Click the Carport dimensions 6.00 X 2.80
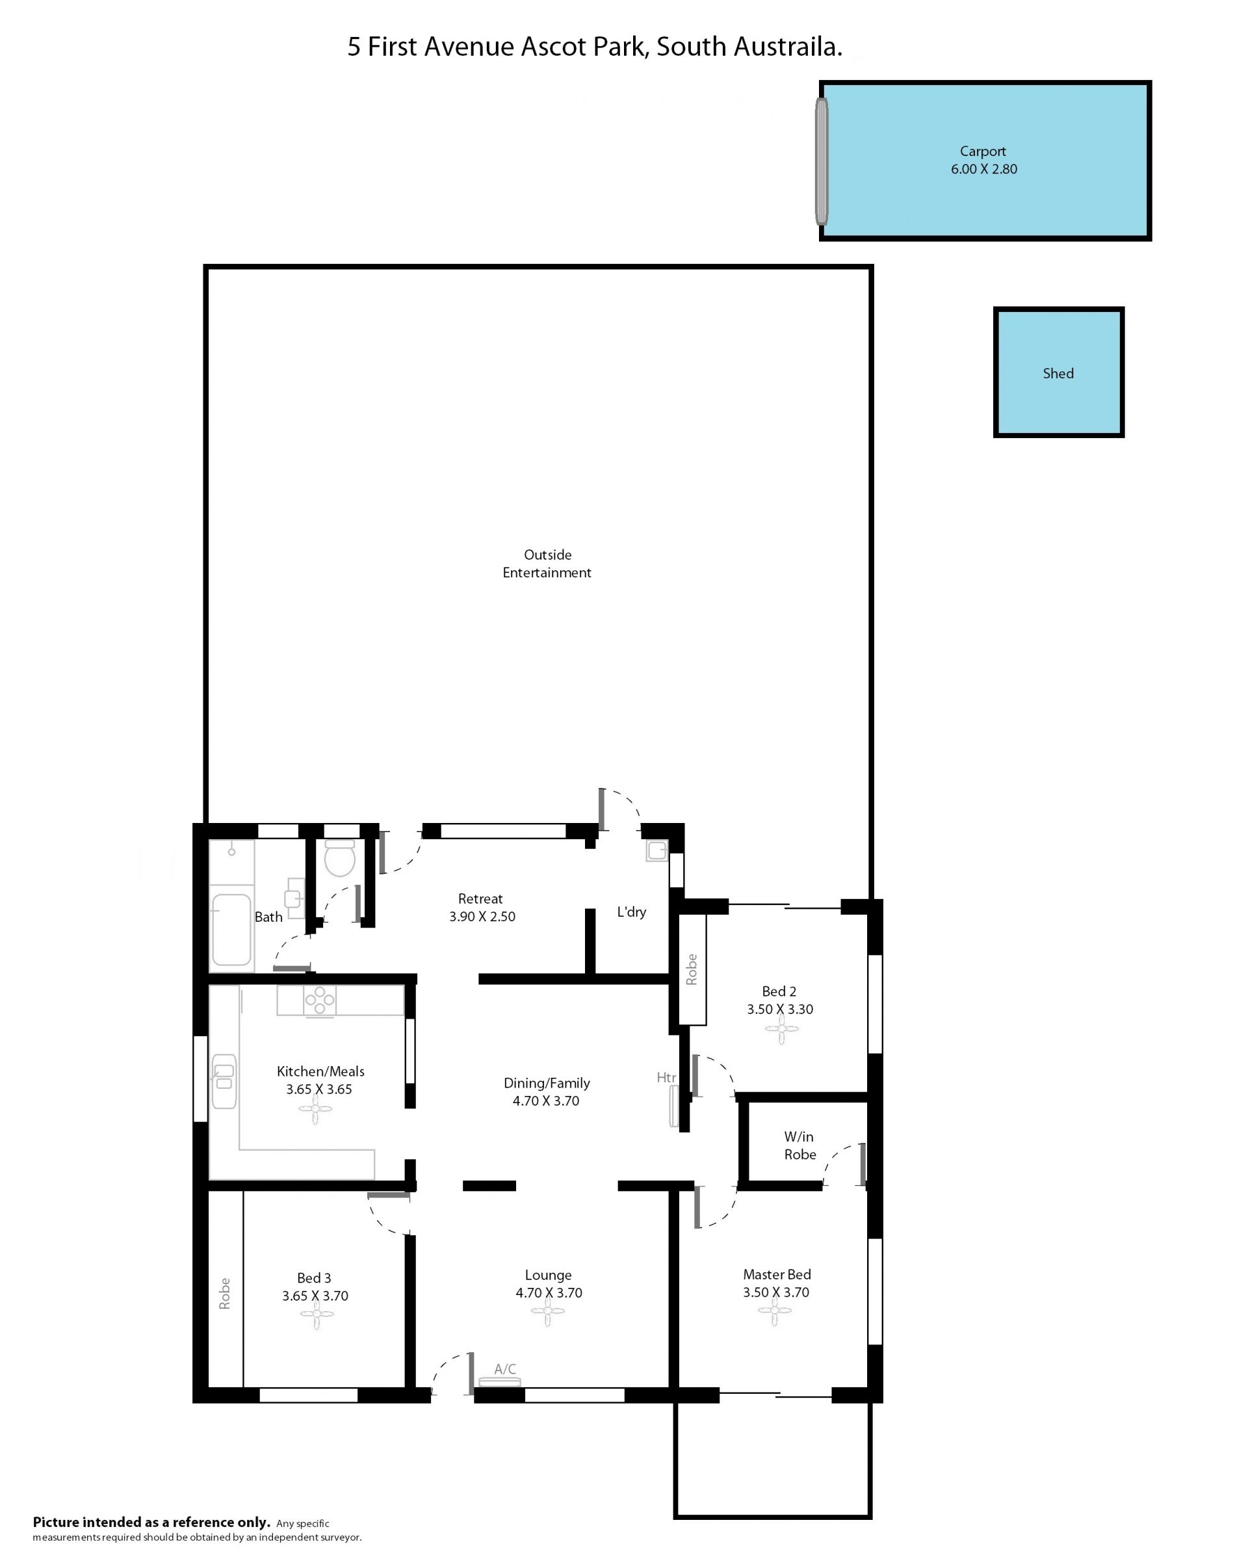[x=983, y=169]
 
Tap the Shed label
[x=1058, y=373]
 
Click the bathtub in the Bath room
[x=231, y=930]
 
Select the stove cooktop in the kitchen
[x=320, y=1000]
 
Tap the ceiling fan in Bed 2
[x=781, y=1029]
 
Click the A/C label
[x=505, y=1368]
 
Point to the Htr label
[x=666, y=1077]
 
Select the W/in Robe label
[x=799, y=1145]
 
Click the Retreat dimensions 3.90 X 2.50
[x=482, y=917]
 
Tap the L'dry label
[x=631, y=911]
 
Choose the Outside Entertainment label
[x=547, y=564]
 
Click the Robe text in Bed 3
[x=225, y=1293]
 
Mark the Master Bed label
[x=777, y=1274]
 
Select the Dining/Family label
[x=547, y=1083]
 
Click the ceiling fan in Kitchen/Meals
[x=315, y=1109]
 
